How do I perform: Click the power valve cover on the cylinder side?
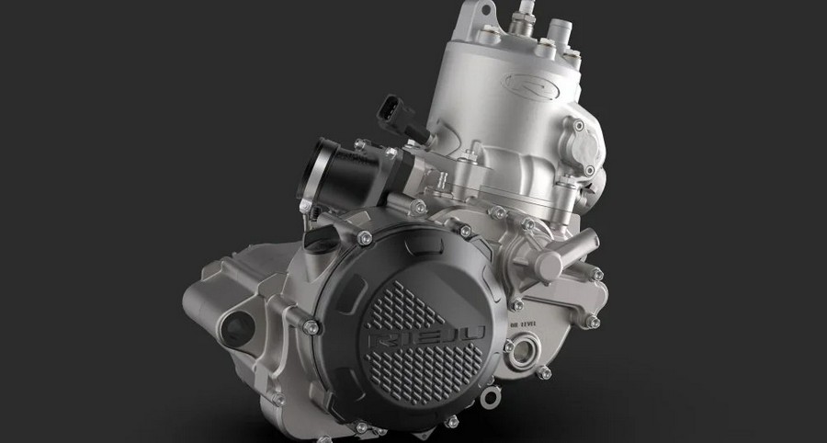pos(594,152)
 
